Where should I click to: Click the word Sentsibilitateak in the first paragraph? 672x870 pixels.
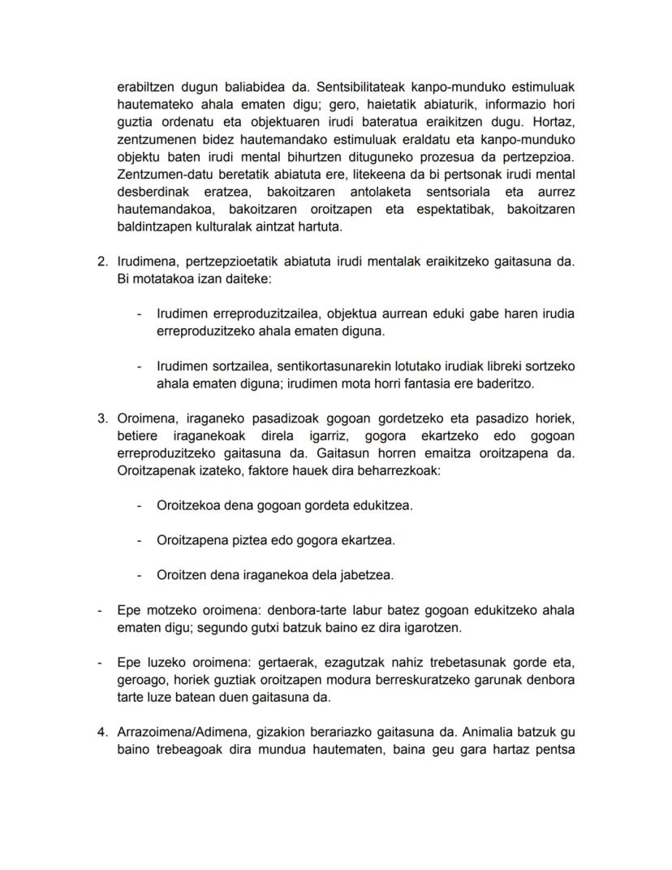point(362,86)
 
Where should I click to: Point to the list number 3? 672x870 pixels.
point(101,419)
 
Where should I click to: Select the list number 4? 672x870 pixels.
point(101,732)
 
